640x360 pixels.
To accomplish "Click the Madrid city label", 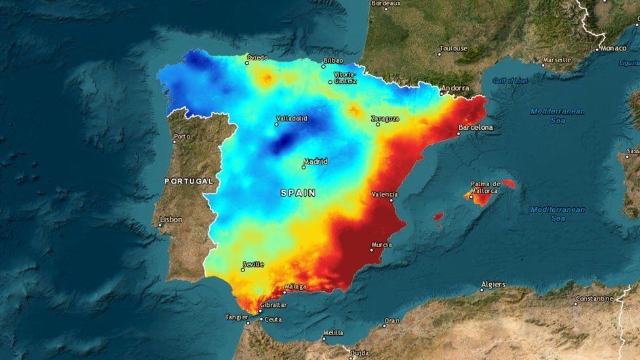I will pyautogui.click(x=316, y=161).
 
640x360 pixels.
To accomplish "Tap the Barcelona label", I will pyautogui.click(x=475, y=127).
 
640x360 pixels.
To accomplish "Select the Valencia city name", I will pyautogui.click(x=384, y=194).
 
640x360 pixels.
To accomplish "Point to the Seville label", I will pyautogui.click(x=253, y=264).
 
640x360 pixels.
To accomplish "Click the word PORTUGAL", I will pyautogui.click(x=189, y=180).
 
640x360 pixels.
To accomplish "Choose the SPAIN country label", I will pyautogui.click(x=298, y=193).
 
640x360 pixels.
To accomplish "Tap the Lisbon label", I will pyautogui.click(x=171, y=220).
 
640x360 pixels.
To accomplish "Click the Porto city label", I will pyautogui.click(x=182, y=137).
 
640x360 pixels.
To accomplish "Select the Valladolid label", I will pyautogui.click(x=292, y=119).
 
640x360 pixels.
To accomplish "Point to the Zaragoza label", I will pyautogui.click(x=385, y=119).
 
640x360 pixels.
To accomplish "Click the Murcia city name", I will pyautogui.click(x=382, y=245).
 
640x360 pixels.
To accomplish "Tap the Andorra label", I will pyautogui.click(x=455, y=88).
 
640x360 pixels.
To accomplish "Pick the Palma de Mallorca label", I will pyautogui.click(x=486, y=187).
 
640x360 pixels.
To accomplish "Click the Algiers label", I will pyautogui.click(x=493, y=285).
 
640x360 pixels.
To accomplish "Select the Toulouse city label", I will pyautogui.click(x=453, y=49).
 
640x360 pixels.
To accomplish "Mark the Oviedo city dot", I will pyautogui.click(x=247, y=63).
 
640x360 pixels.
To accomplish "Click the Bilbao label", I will pyautogui.click(x=333, y=61).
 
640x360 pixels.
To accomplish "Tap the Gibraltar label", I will pyautogui.click(x=273, y=305).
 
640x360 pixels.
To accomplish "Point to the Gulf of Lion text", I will pyautogui.click(x=510, y=81).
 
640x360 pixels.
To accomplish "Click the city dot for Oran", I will pyautogui.click(x=385, y=326).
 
